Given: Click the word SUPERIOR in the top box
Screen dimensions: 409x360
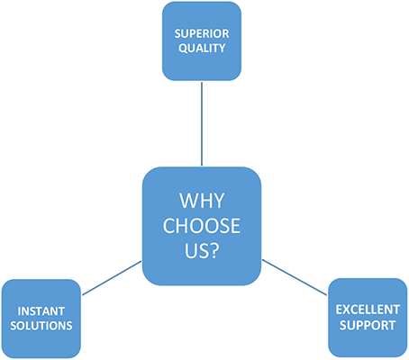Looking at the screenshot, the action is point(202,33).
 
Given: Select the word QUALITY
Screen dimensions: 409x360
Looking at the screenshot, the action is point(202,48).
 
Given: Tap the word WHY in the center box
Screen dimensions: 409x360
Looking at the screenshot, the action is point(202,201).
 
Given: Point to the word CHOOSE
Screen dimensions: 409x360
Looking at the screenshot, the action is point(202,226).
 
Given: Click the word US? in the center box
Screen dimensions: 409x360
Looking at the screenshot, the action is point(202,251).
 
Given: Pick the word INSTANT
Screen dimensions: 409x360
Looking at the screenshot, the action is point(41,311).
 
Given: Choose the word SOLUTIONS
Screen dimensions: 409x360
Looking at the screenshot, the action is point(41,326).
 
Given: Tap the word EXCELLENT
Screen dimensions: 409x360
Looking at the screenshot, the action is point(368,310).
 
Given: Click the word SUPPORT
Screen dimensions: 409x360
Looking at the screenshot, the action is point(368,325).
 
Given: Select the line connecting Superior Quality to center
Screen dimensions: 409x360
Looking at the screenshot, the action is point(202,124).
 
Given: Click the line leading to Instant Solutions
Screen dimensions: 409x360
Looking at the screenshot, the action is point(112,278).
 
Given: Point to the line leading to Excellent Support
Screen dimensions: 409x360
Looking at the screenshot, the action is point(295,277).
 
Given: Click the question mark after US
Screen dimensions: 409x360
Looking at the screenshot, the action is point(214,251).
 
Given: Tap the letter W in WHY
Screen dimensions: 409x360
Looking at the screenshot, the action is point(189,201).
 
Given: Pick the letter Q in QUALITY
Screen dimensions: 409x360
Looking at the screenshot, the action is point(183,49).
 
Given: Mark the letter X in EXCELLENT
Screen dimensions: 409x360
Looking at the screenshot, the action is point(346,310).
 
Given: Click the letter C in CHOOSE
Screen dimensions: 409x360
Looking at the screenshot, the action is point(169,226).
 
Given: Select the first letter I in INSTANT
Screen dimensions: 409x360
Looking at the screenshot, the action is point(19,311).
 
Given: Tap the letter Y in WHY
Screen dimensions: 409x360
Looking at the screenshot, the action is point(219,201).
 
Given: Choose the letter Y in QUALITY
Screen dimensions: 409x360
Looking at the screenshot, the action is point(223,48).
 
